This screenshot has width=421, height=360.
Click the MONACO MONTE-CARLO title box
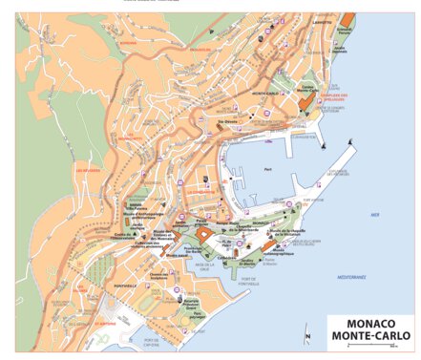coord(371,329)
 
